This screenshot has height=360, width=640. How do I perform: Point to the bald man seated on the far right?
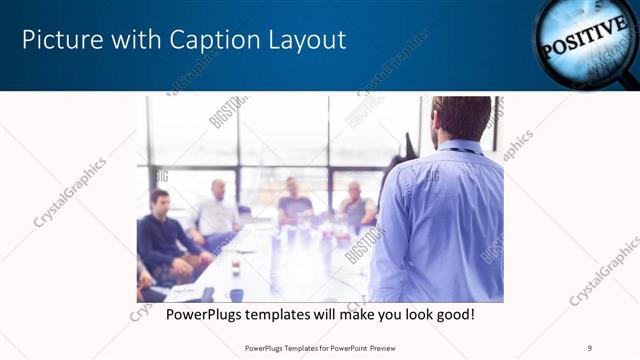point(355,205)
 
